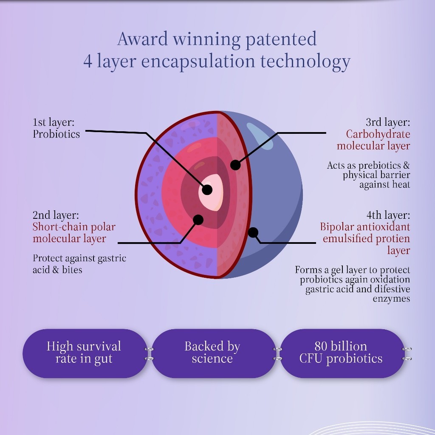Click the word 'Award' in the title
click(143, 39)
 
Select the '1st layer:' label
click(54, 122)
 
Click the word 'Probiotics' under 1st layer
click(56, 134)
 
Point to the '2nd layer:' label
click(56, 215)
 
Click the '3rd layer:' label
click(388, 122)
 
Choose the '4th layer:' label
click(388, 215)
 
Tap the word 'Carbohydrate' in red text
click(378, 134)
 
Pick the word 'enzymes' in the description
click(391, 299)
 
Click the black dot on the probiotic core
click(207, 190)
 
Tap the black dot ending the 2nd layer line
click(198, 220)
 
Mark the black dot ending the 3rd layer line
click(235, 165)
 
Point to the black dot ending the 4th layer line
click(253, 232)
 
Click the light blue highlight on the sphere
click(260, 136)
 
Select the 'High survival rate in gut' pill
click(85, 353)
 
